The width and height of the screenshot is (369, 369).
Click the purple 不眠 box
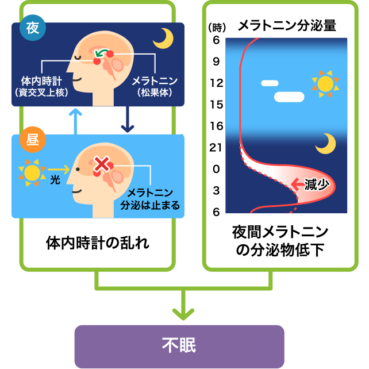[179, 346]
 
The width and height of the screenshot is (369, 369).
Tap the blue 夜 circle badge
[32, 29]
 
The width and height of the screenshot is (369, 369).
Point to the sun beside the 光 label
[32, 172]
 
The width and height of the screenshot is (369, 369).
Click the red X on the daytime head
[102, 166]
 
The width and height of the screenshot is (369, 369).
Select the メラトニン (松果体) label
[153, 84]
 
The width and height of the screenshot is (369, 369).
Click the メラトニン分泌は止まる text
[149, 198]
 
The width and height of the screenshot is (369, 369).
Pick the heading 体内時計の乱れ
[97, 243]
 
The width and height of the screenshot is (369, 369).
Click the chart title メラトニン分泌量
[286, 25]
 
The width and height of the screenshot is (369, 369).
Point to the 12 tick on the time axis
[216, 83]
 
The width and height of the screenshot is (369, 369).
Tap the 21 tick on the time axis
[216, 147]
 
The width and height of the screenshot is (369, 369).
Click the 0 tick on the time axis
[216, 169]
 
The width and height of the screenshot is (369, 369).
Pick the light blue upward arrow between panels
[73, 121]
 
